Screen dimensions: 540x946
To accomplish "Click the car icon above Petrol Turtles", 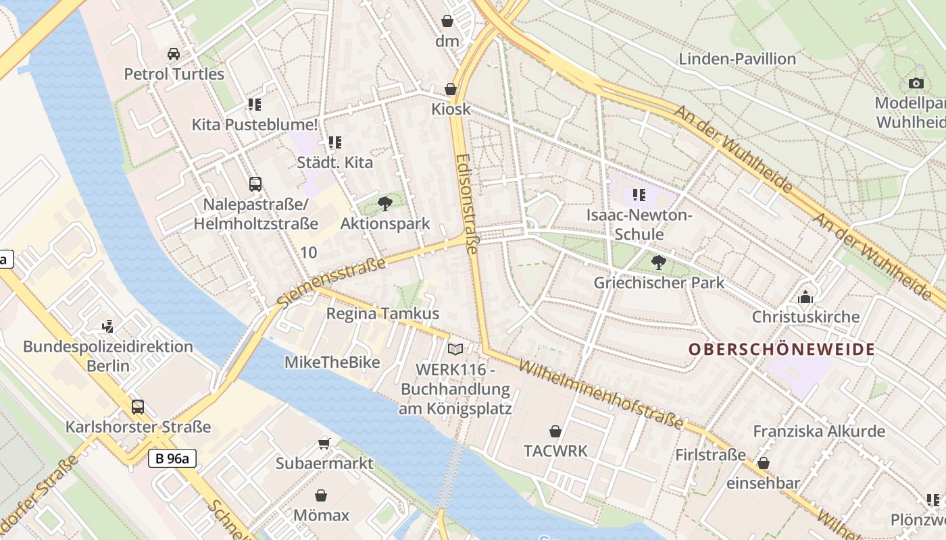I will point(174,54).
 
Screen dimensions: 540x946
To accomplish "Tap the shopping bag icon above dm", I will point(447,21).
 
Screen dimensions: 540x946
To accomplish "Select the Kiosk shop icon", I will point(451,89).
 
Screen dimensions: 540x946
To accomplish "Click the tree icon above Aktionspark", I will point(384,202).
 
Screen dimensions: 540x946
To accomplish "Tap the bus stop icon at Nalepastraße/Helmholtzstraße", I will point(255,184).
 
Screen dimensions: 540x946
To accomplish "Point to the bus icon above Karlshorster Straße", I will point(138,406).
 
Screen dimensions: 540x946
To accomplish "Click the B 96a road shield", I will point(172,459).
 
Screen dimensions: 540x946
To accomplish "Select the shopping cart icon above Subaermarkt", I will point(324,443).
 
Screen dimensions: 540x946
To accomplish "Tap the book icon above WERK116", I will point(456,349).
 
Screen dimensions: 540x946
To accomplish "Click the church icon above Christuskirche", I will point(805,296).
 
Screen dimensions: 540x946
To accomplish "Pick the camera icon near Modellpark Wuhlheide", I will point(916,83).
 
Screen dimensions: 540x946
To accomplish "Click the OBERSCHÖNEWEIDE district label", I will point(782,350).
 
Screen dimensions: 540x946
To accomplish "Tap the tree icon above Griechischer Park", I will point(658,262).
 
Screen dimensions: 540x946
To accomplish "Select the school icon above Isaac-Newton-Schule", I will point(639,196).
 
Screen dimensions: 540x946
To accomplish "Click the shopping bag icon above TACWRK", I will point(555,431).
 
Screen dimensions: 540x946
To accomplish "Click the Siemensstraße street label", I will point(332,282).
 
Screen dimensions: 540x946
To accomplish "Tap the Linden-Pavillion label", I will point(737,59).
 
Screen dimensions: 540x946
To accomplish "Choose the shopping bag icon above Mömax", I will point(321,495).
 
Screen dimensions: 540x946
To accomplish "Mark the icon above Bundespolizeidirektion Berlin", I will point(107,327).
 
